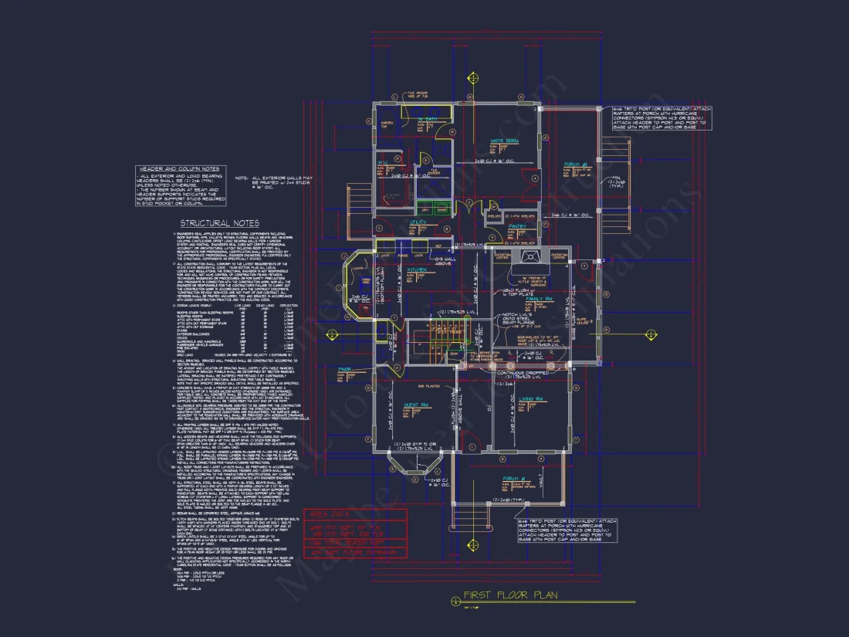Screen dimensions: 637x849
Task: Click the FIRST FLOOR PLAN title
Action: pyautogui.click(x=510, y=595)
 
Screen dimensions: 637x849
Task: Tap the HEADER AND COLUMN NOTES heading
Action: pyautogui.click(x=178, y=168)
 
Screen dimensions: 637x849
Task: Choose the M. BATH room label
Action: pyautogui.click(x=426, y=119)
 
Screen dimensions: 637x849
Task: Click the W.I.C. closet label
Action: pyautogui.click(x=384, y=162)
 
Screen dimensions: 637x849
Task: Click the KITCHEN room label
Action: pyautogui.click(x=418, y=270)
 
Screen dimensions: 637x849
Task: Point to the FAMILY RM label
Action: pyautogui.click(x=539, y=298)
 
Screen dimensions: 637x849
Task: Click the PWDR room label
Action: pyautogui.click(x=344, y=370)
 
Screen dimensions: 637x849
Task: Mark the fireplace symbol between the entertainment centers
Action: pyautogui.click(x=530, y=259)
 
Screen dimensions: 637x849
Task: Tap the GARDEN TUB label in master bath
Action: pyautogui.click(x=386, y=124)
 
